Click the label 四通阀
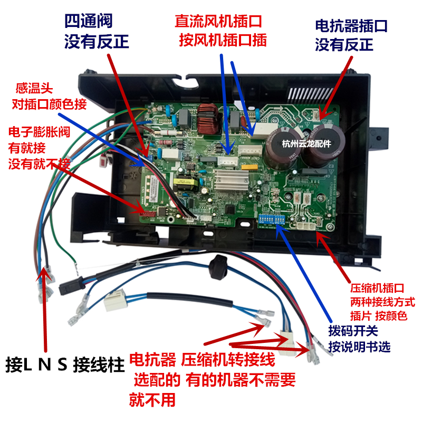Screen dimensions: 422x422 88,21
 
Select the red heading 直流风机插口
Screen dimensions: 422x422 218,21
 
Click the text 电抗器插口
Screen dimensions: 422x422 351,25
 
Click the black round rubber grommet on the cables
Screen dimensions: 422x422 216,264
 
